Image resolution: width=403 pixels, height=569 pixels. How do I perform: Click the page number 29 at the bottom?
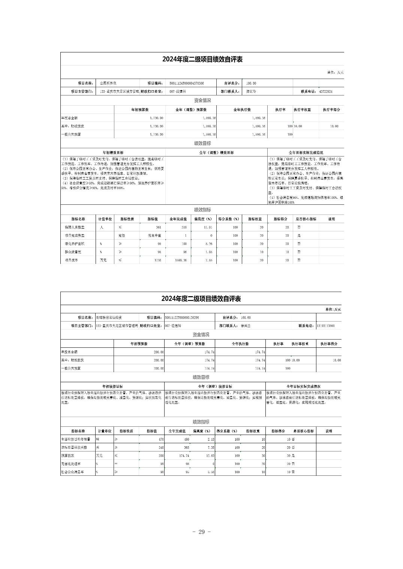pyautogui.click(x=201, y=532)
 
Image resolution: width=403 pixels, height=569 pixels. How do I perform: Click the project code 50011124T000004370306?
pyautogui.click(x=187, y=83)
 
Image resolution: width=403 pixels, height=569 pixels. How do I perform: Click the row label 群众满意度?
pyautogui.click(x=75, y=252)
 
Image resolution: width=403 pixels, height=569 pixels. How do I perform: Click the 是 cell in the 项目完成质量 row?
pyautogui.click(x=299, y=235)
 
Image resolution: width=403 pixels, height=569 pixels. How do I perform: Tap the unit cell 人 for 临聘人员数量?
pyautogui.click(x=101, y=227)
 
